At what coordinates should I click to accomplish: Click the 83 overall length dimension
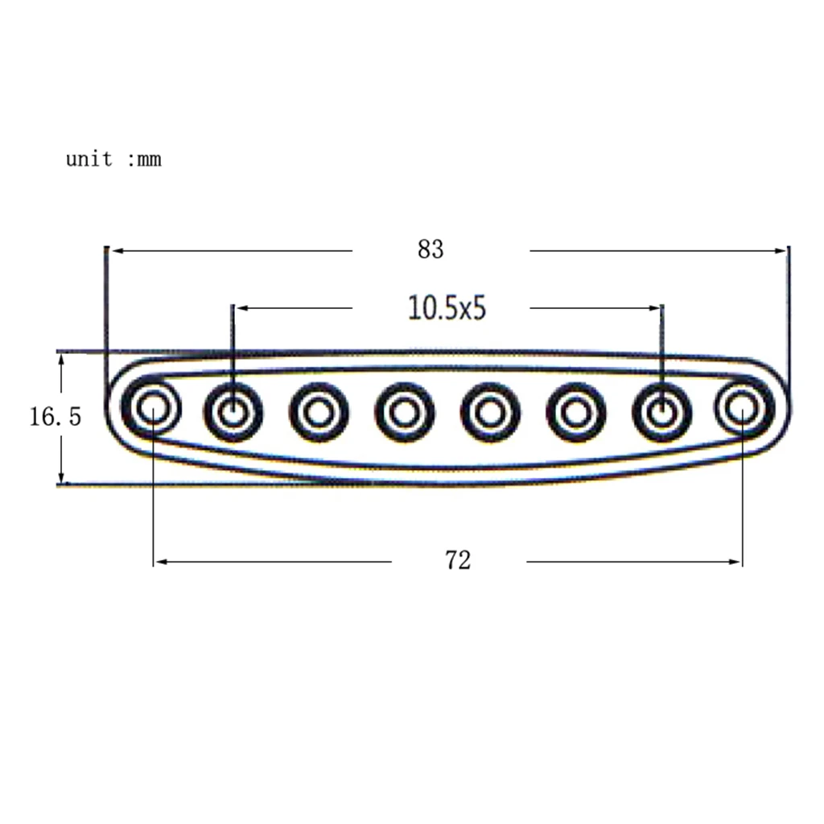pyautogui.click(x=431, y=250)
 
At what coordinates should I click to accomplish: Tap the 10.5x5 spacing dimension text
pyautogui.click(x=447, y=308)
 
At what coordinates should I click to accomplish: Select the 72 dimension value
pyautogui.click(x=457, y=561)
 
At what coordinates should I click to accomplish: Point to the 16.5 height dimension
pyautogui.click(x=56, y=417)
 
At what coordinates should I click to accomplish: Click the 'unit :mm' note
pyautogui.click(x=113, y=159)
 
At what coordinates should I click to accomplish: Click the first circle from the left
pyautogui.click(x=151, y=409)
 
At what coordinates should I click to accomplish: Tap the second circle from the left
pyautogui.click(x=233, y=412)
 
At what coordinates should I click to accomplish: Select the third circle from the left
pyautogui.click(x=319, y=412)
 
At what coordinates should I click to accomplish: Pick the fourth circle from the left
pyautogui.click(x=404, y=412)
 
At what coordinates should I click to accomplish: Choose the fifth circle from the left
pyautogui.click(x=489, y=412)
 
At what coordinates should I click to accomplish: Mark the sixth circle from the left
pyautogui.click(x=575, y=412)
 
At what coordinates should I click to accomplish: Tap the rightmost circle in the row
pyautogui.click(x=742, y=409)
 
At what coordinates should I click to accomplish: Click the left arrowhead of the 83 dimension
pyautogui.click(x=114, y=251)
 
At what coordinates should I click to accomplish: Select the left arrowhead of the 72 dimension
pyautogui.click(x=159, y=562)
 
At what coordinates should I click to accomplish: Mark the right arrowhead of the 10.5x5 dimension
pyautogui.click(x=654, y=308)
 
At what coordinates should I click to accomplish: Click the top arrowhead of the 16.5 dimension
pyautogui.click(x=61, y=359)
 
